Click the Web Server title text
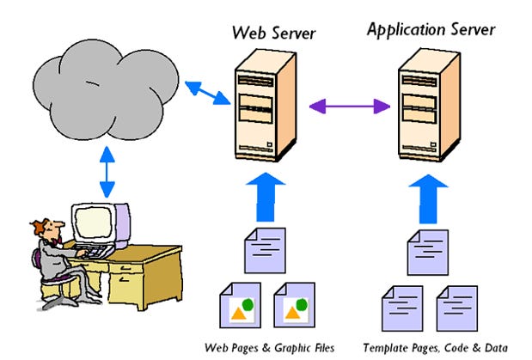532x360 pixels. (273, 34)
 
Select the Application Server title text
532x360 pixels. (431, 30)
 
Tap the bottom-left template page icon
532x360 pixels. (401, 307)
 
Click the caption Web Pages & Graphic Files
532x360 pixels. (268, 348)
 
